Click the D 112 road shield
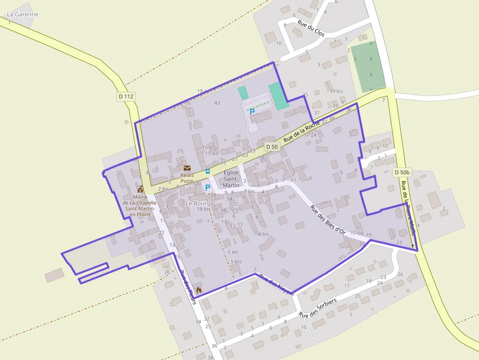(x=126, y=96)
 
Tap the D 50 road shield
(x=272, y=147)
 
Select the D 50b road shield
(x=402, y=172)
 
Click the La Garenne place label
(x=22, y=14)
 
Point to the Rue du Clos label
(x=311, y=29)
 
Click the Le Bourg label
(x=197, y=203)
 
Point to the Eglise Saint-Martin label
(x=231, y=179)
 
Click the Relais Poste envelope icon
(x=187, y=168)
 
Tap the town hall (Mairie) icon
(x=140, y=189)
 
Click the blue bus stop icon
(x=208, y=171)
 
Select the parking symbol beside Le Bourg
(x=207, y=187)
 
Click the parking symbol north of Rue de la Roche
(x=252, y=111)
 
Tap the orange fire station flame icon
(x=198, y=289)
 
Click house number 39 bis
(x=336, y=91)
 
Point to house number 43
(x=217, y=103)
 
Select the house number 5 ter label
(x=233, y=252)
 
